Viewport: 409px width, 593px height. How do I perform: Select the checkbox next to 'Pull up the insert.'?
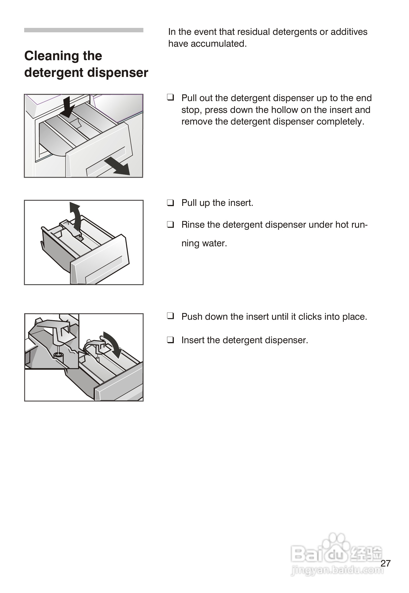pos(170,203)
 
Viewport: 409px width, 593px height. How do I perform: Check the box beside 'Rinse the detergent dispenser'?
pos(170,224)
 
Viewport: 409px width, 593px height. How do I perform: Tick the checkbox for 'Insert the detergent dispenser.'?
pos(170,340)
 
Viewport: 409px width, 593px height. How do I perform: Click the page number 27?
pos(385,563)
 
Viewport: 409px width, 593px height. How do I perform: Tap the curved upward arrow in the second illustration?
pos(76,215)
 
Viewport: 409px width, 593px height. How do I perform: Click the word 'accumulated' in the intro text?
pos(218,44)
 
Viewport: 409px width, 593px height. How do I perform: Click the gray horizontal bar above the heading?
pos(83,30)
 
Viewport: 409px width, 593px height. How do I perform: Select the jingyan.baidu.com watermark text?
pos(337,570)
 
